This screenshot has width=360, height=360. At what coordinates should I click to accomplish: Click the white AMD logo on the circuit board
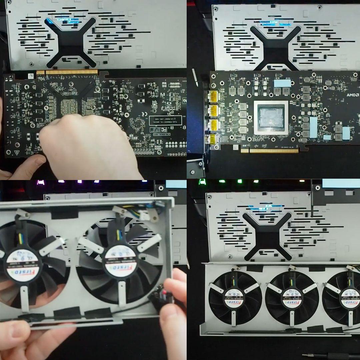coord(352,95)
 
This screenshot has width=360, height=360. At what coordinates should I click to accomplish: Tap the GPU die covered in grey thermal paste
coord(271,118)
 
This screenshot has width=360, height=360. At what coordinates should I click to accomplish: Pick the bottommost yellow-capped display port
coord(212,140)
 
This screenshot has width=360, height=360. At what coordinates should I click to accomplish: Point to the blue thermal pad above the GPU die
coord(282,83)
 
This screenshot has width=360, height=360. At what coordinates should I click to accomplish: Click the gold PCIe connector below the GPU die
coord(273,151)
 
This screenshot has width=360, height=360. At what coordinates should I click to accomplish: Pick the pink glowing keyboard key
coord(40,182)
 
